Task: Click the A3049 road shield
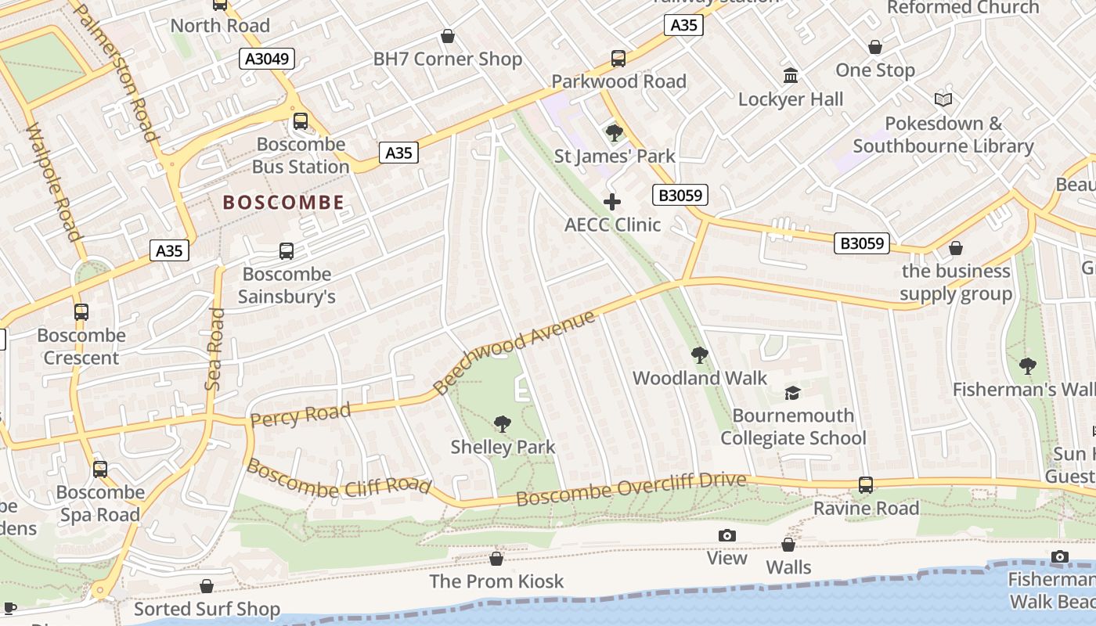pos(267,59)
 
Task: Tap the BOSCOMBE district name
pos(283,203)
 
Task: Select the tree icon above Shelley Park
pos(503,424)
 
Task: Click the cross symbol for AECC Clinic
pos(612,202)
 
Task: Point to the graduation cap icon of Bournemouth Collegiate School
pos(793,393)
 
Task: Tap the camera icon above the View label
pos(727,535)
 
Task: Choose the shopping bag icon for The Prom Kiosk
pos(496,559)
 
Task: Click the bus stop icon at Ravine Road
pos(865,485)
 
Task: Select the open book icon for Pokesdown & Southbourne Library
pos(943,100)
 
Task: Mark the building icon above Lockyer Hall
pos(791,76)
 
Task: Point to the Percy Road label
pos(300,416)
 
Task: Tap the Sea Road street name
pos(214,349)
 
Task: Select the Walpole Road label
pos(54,182)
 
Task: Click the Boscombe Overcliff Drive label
pos(631,489)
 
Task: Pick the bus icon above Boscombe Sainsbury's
pos(287,251)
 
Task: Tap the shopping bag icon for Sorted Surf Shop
pos(207,586)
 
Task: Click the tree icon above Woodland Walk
pos(699,355)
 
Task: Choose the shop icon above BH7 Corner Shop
pos(448,36)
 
